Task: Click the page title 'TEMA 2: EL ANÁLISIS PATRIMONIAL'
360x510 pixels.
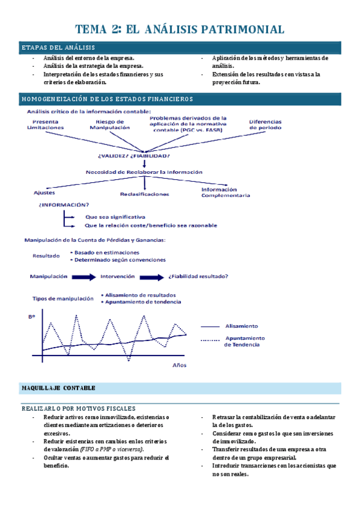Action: [180, 29]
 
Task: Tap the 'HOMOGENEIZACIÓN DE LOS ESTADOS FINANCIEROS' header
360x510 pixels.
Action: [107, 99]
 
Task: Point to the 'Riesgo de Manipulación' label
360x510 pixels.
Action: [109, 124]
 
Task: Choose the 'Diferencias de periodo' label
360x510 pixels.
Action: [265, 124]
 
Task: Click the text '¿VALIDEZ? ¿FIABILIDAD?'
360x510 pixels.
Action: [129, 156]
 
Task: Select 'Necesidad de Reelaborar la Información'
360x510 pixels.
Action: [144, 172]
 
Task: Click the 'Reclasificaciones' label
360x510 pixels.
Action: [144, 194]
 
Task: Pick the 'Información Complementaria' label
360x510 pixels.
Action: [225, 192]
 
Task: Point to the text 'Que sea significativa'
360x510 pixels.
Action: [115, 217]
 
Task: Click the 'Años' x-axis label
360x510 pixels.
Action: [180, 365]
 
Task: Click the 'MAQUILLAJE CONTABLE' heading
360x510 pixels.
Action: [58, 388]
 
